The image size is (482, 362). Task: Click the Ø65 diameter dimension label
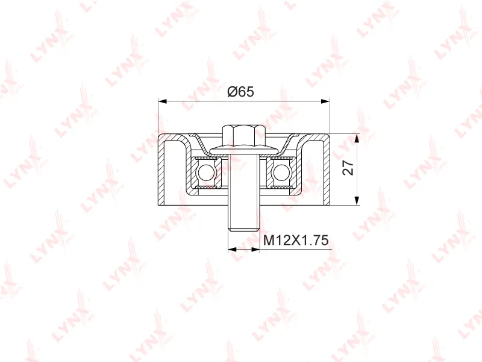(240, 92)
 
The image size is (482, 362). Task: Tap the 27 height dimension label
(349, 168)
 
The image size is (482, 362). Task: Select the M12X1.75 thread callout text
(296, 240)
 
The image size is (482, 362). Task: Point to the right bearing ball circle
(281, 173)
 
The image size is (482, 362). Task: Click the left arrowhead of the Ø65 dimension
(162, 101)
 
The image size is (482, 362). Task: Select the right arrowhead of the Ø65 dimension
(325, 101)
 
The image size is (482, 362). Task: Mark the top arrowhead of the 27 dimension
(357, 138)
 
